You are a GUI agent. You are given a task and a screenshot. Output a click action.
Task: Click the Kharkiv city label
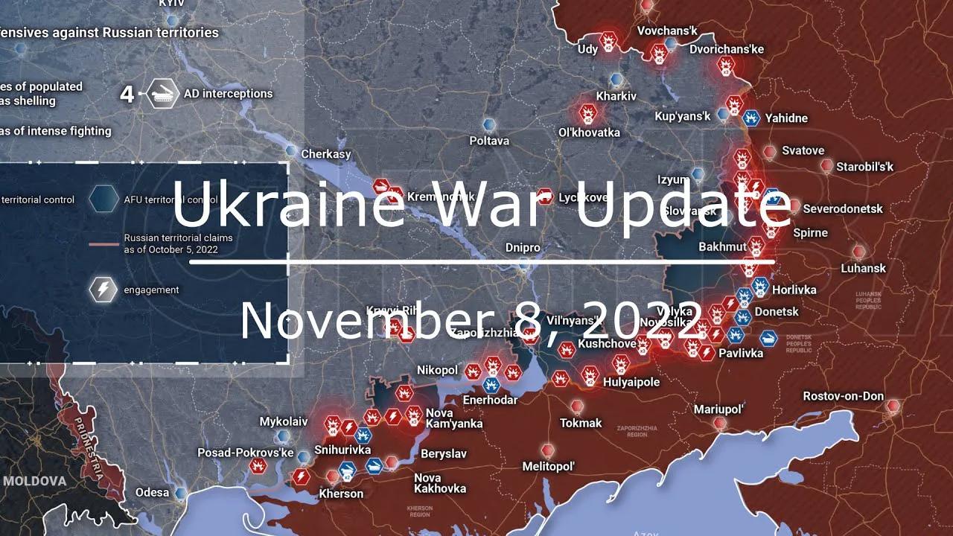pos(616,96)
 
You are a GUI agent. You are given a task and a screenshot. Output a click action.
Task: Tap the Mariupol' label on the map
pos(719,409)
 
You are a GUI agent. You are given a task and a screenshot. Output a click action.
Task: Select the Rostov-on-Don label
pos(843,396)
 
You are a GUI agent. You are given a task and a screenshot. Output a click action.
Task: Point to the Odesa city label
pos(151,492)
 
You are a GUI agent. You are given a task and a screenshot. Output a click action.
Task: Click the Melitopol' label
pos(549,467)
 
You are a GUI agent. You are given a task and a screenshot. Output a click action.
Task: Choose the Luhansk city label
pos(864,268)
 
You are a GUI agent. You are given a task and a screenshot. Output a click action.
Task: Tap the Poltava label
pos(489,140)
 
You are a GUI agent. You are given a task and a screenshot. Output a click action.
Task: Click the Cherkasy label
pos(326,154)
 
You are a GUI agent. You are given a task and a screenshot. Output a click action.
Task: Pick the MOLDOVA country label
pos(34,481)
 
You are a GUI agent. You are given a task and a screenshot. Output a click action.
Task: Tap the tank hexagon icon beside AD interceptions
pos(161,94)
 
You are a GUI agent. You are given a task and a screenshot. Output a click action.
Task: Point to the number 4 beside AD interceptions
pos(127,95)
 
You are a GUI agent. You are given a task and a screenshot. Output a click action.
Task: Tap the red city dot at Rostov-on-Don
pos(893,406)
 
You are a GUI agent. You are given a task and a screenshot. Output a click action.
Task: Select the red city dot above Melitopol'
pos(548,450)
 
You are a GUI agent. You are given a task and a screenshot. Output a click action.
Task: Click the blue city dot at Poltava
pos(489,124)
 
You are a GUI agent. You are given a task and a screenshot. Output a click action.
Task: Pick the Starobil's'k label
pos(864,167)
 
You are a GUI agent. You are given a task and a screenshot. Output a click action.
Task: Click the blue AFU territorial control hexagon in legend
pos(103,199)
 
